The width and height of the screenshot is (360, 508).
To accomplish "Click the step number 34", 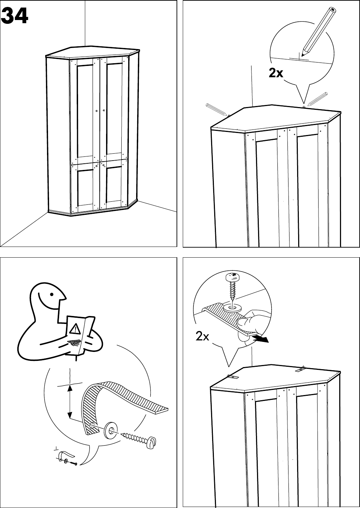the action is coord(15,16).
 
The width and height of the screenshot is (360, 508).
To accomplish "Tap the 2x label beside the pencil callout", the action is coord(276,73).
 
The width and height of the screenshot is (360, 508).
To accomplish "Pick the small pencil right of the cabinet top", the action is coord(317,98).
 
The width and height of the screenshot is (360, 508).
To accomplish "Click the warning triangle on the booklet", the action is coord(75,328).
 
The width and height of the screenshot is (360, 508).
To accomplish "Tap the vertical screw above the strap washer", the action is coord(232,288).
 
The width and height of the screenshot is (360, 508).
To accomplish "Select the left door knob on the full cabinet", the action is coord(97,111).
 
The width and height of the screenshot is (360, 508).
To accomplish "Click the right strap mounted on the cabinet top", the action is coord(301,370).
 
